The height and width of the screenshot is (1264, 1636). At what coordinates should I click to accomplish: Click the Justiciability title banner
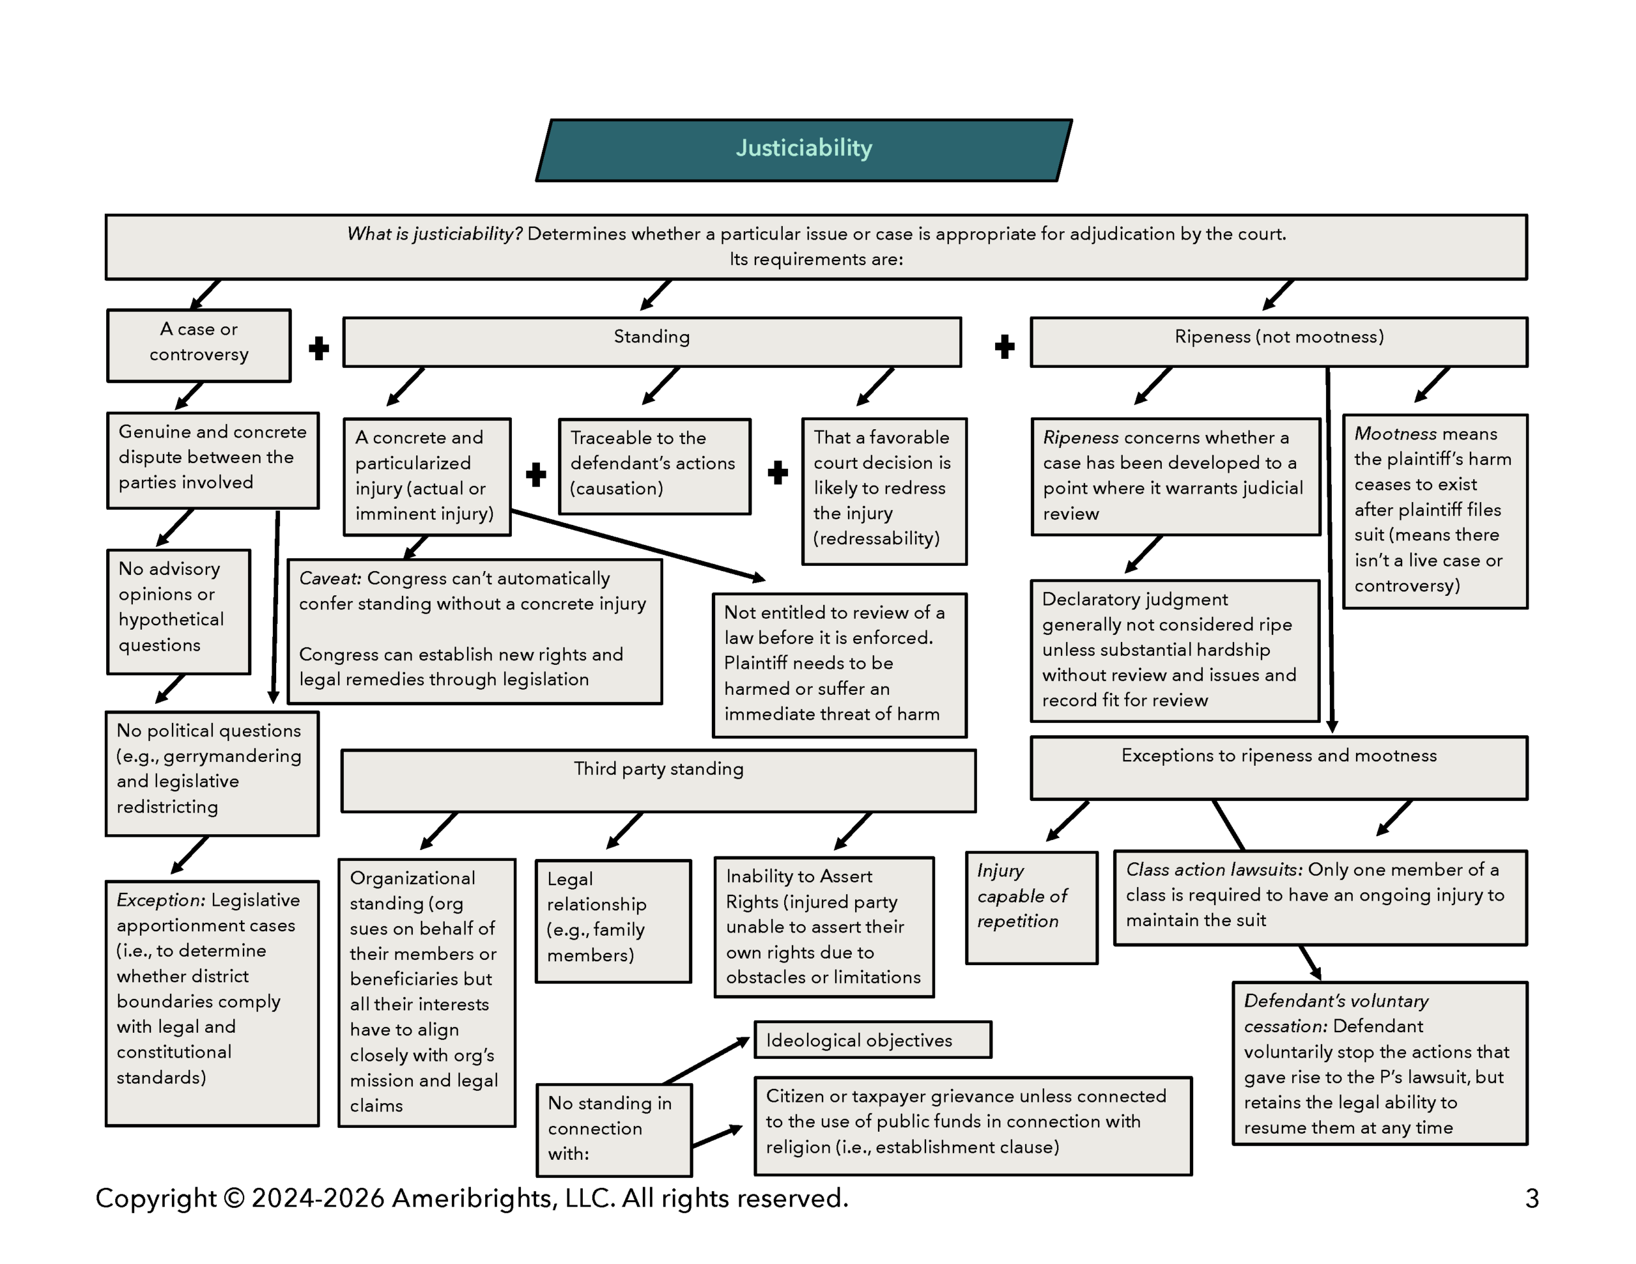point(804,149)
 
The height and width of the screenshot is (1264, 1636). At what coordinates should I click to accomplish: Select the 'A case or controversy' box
point(199,345)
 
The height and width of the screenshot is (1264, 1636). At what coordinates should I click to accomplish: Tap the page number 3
point(1532,1199)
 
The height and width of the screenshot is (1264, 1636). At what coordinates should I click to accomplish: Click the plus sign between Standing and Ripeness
point(1005,346)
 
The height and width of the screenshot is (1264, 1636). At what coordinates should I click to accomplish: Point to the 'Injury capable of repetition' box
point(1031,907)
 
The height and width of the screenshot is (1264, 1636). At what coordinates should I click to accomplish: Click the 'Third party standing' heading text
point(658,769)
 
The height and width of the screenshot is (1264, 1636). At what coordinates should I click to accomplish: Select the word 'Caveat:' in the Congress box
point(330,579)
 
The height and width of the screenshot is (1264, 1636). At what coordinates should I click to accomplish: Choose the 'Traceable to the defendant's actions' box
point(654,466)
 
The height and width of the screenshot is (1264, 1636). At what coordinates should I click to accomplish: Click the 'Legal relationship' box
point(613,920)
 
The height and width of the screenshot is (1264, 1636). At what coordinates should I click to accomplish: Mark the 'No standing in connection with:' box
point(613,1129)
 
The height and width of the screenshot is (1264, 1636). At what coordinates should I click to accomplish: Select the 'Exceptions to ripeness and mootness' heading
point(1278,756)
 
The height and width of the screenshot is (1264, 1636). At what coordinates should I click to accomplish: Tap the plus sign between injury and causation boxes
point(536,475)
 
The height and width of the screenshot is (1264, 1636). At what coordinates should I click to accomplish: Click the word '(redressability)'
point(876,539)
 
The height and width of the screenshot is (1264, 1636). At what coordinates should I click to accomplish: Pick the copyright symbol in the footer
point(234,1199)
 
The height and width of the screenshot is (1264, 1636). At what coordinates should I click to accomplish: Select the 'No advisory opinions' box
point(178,611)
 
